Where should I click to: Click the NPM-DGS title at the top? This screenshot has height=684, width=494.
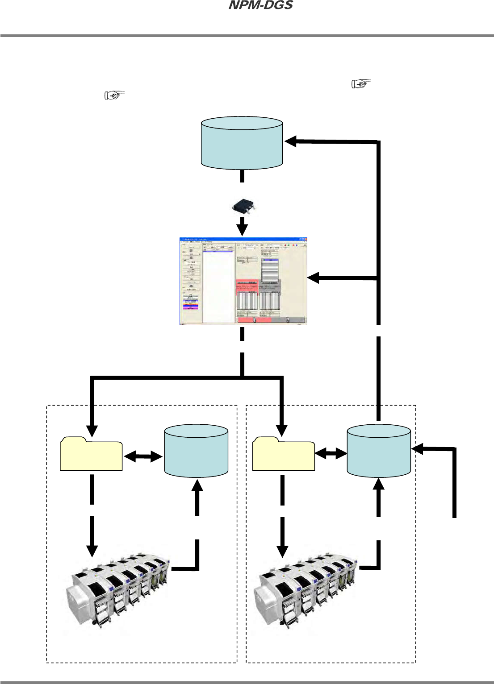(261, 6)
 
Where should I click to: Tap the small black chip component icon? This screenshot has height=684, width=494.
(242, 207)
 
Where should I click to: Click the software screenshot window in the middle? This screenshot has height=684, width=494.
(243, 281)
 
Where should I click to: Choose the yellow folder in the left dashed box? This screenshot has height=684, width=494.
(91, 455)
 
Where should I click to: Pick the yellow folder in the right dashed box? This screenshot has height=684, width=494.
(283, 455)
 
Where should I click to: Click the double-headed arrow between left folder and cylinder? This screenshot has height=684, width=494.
(143, 456)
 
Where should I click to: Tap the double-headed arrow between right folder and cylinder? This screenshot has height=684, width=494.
(331, 454)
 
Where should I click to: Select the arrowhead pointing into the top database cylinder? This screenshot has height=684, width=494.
(291, 141)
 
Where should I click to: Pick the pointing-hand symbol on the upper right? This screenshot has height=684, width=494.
(361, 83)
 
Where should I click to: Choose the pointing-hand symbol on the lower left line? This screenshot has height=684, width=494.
(114, 95)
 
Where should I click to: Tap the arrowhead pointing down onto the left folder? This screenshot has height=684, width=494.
(92, 431)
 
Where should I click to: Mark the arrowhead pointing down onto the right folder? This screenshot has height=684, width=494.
(282, 431)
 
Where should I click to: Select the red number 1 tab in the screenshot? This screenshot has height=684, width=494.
(254, 320)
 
